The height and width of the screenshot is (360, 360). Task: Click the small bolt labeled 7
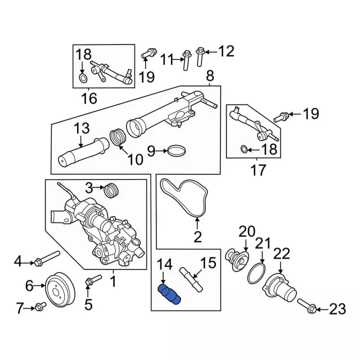coord(39,307)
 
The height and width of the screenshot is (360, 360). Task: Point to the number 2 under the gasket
coord(197,237)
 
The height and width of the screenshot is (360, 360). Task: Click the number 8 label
coord(210,75)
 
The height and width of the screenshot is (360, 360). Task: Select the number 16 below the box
coord(89,100)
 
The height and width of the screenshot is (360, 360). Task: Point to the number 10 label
coord(135,160)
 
